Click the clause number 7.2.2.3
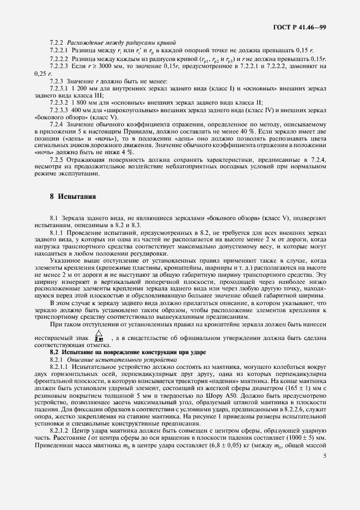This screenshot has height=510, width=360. click(59, 65)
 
